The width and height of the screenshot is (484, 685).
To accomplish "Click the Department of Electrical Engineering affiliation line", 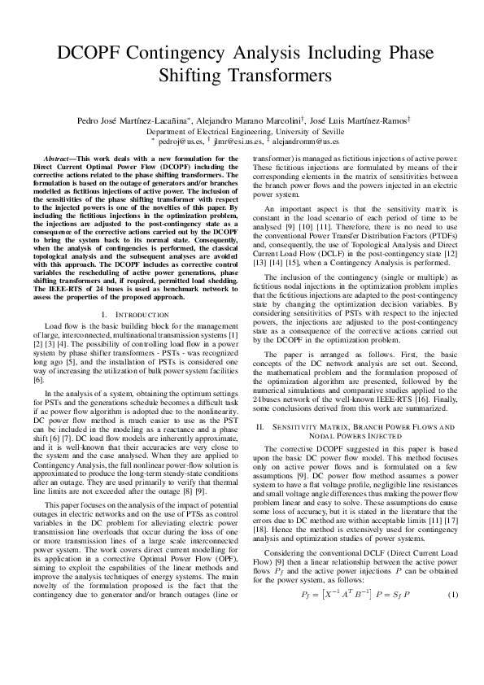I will (x=242, y=131).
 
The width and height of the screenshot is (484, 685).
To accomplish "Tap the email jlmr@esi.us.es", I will (x=248, y=140).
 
